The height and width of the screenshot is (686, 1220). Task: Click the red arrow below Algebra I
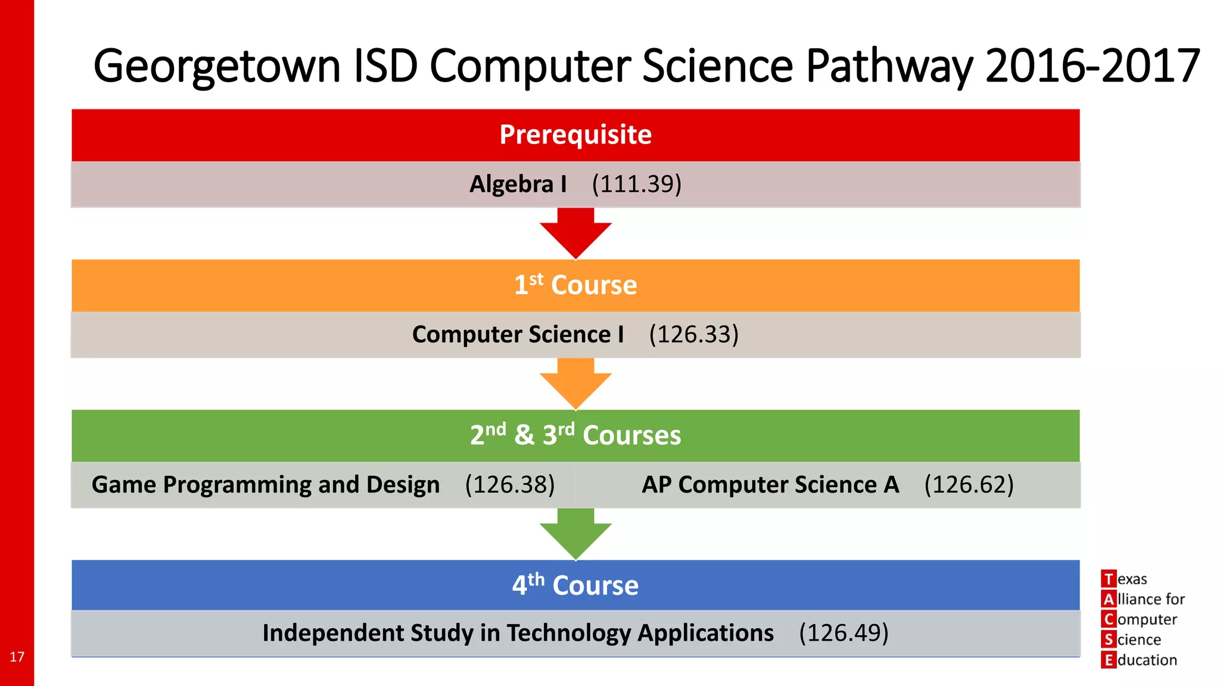pos(575,234)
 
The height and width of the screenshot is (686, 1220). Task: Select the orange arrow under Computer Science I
pos(575,384)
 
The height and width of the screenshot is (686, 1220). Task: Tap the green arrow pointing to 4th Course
pos(575,534)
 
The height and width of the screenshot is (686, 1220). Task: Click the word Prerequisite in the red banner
pos(575,135)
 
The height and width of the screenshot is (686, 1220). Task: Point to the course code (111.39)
pos(636,184)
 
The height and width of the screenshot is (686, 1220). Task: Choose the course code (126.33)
pos(693,335)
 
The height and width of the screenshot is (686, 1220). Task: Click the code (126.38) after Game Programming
pos(509,485)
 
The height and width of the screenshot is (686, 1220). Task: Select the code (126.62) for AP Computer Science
pos(969,485)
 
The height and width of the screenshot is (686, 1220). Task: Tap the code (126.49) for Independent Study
pos(844,633)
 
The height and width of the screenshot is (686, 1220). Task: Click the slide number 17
pos(17,657)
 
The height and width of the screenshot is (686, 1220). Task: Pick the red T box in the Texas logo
pos(1108,579)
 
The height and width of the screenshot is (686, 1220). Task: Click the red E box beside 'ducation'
pos(1108,660)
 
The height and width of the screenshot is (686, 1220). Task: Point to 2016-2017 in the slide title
pos(1093,66)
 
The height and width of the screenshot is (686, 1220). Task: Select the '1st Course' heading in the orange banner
pos(575,285)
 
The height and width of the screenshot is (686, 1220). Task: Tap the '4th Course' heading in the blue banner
pos(575,585)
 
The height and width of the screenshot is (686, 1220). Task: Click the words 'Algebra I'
pos(518,184)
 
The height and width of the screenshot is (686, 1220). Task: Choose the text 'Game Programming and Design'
pos(266,485)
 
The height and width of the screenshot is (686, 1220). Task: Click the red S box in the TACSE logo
pos(1108,640)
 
